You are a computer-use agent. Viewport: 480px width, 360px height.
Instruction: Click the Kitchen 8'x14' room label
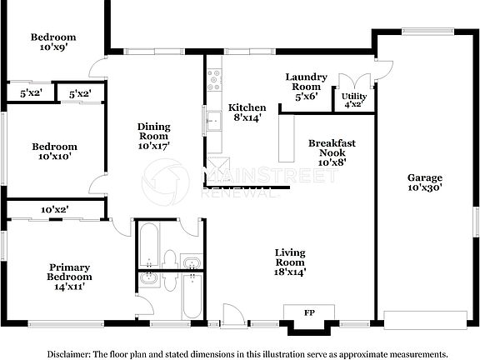pyautogui.click(x=247, y=112)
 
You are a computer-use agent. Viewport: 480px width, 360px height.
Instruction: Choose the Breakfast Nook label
pyautogui.click(x=326, y=152)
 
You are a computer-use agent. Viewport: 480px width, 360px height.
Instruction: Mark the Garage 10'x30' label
pyautogui.click(x=424, y=182)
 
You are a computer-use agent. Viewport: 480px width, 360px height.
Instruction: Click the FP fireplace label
pyautogui.click(x=309, y=312)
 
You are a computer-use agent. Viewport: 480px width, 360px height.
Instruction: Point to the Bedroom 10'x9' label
pyautogui.click(x=53, y=42)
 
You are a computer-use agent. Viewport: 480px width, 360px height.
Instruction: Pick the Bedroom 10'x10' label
pyautogui.click(x=54, y=151)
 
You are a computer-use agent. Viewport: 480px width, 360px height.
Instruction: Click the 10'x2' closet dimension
pyautogui.click(x=55, y=209)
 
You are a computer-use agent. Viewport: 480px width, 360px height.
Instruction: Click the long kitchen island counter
pyautogui.click(x=288, y=138)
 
